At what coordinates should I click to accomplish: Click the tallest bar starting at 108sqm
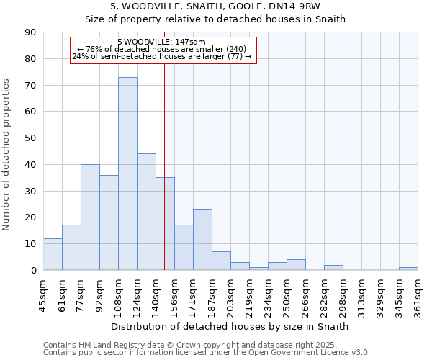click(x=127, y=174)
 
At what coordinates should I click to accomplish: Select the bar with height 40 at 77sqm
click(x=90, y=217)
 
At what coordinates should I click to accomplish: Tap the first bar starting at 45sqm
click(x=53, y=254)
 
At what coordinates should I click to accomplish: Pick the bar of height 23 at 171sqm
click(x=202, y=240)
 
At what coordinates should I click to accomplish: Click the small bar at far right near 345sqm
click(x=408, y=269)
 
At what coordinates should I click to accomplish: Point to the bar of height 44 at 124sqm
click(x=146, y=212)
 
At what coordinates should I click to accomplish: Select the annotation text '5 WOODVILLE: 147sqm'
click(x=161, y=42)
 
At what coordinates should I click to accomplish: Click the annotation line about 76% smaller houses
click(x=161, y=49)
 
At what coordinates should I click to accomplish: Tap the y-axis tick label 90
click(x=31, y=32)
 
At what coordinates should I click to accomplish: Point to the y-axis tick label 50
click(x=31, y=138)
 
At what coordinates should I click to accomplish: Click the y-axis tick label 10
click(x=31, y=244)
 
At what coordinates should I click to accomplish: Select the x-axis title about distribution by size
click(x=230, y=326)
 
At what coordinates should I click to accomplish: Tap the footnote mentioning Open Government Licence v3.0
click(x=207, y=353)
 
